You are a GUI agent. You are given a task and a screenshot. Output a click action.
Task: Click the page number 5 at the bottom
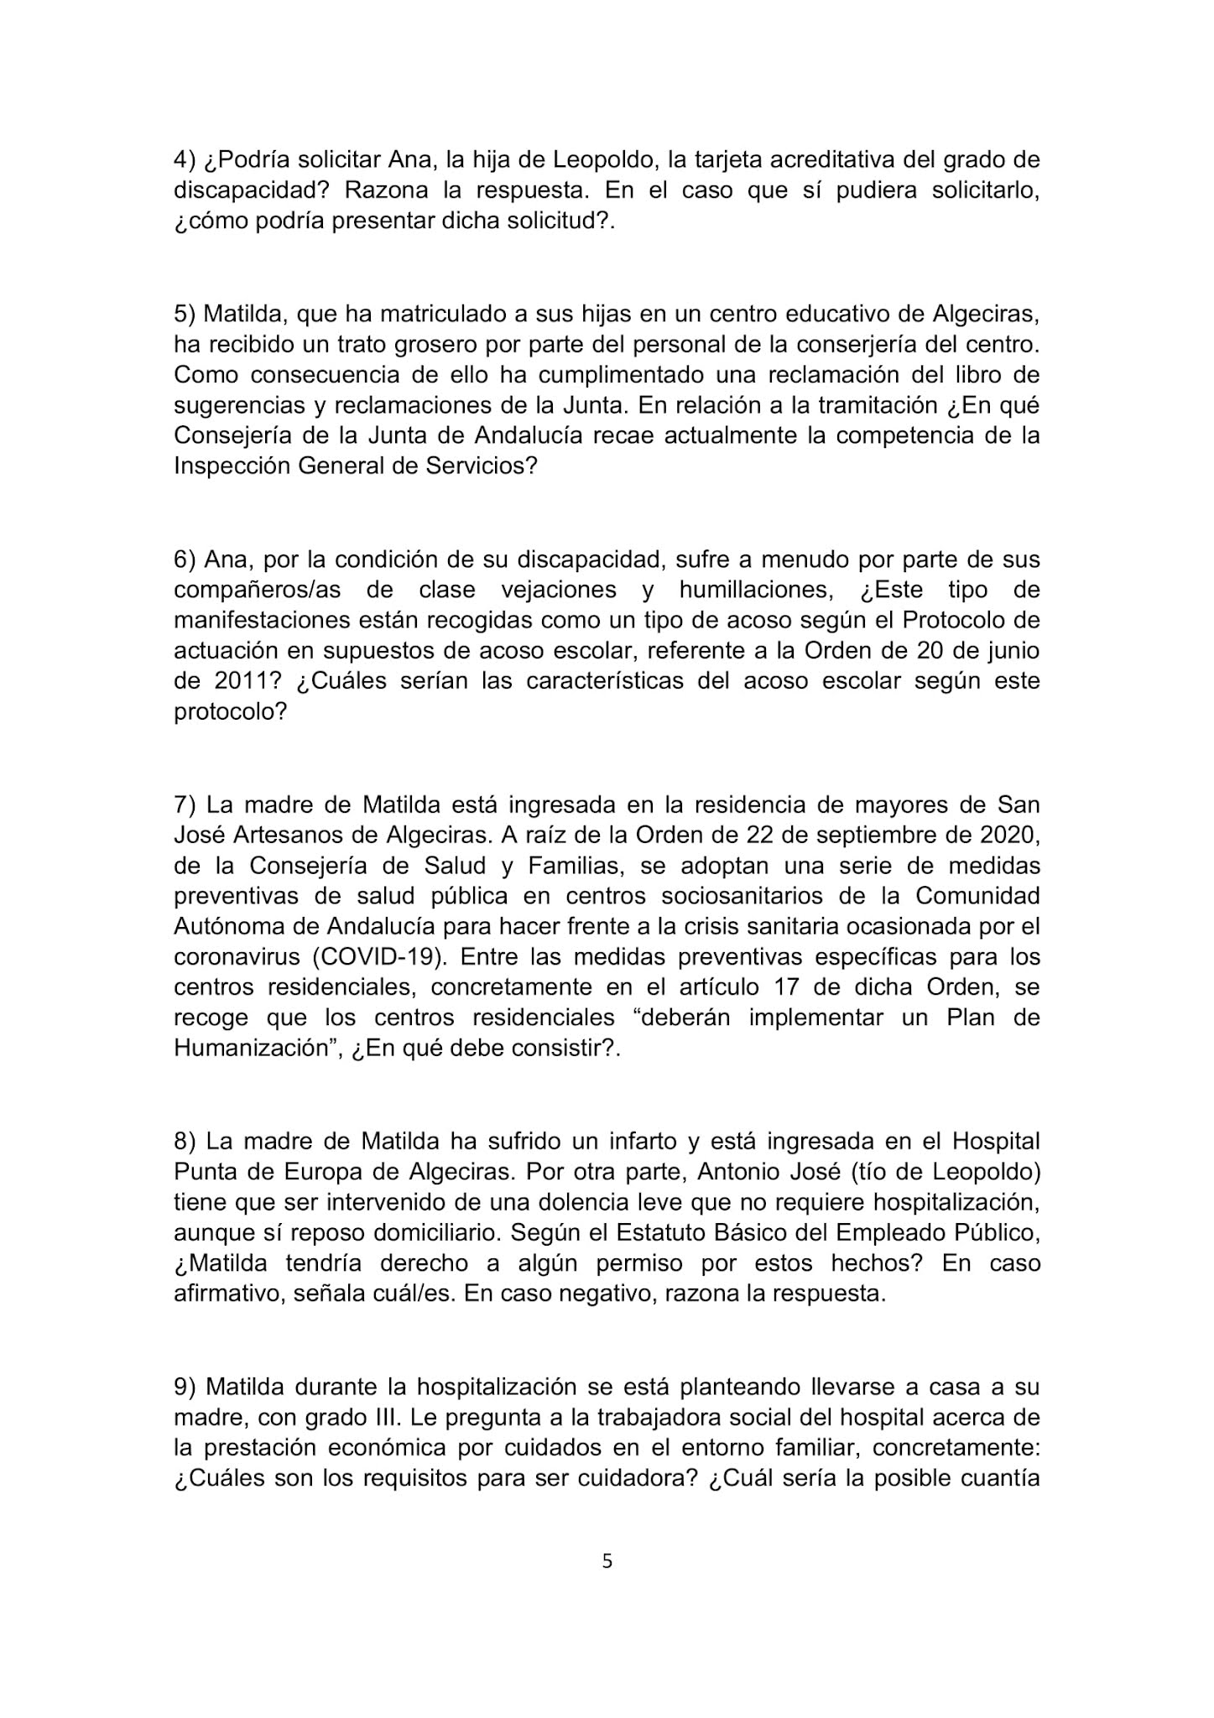point(607,1561)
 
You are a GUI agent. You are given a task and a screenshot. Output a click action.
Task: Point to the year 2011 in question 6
point(227,680)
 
